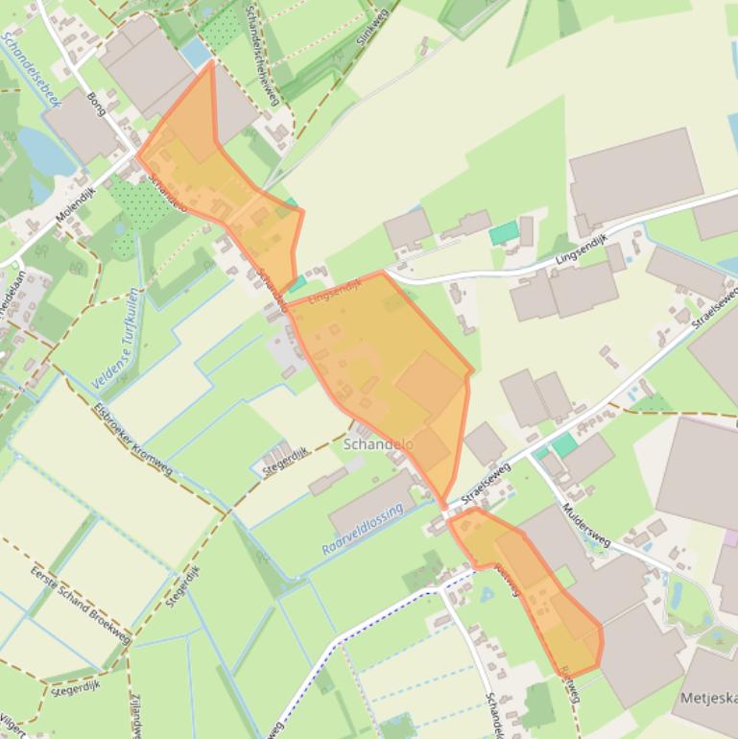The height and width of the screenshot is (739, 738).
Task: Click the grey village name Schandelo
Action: pos(378,445)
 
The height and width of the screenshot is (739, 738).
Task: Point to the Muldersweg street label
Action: pos(586,523)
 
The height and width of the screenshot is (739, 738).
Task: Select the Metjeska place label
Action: pos(709,696)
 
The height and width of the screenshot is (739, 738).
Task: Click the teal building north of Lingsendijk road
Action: pos(503,233)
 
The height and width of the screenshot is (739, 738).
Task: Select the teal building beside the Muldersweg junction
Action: pos(564,444)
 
